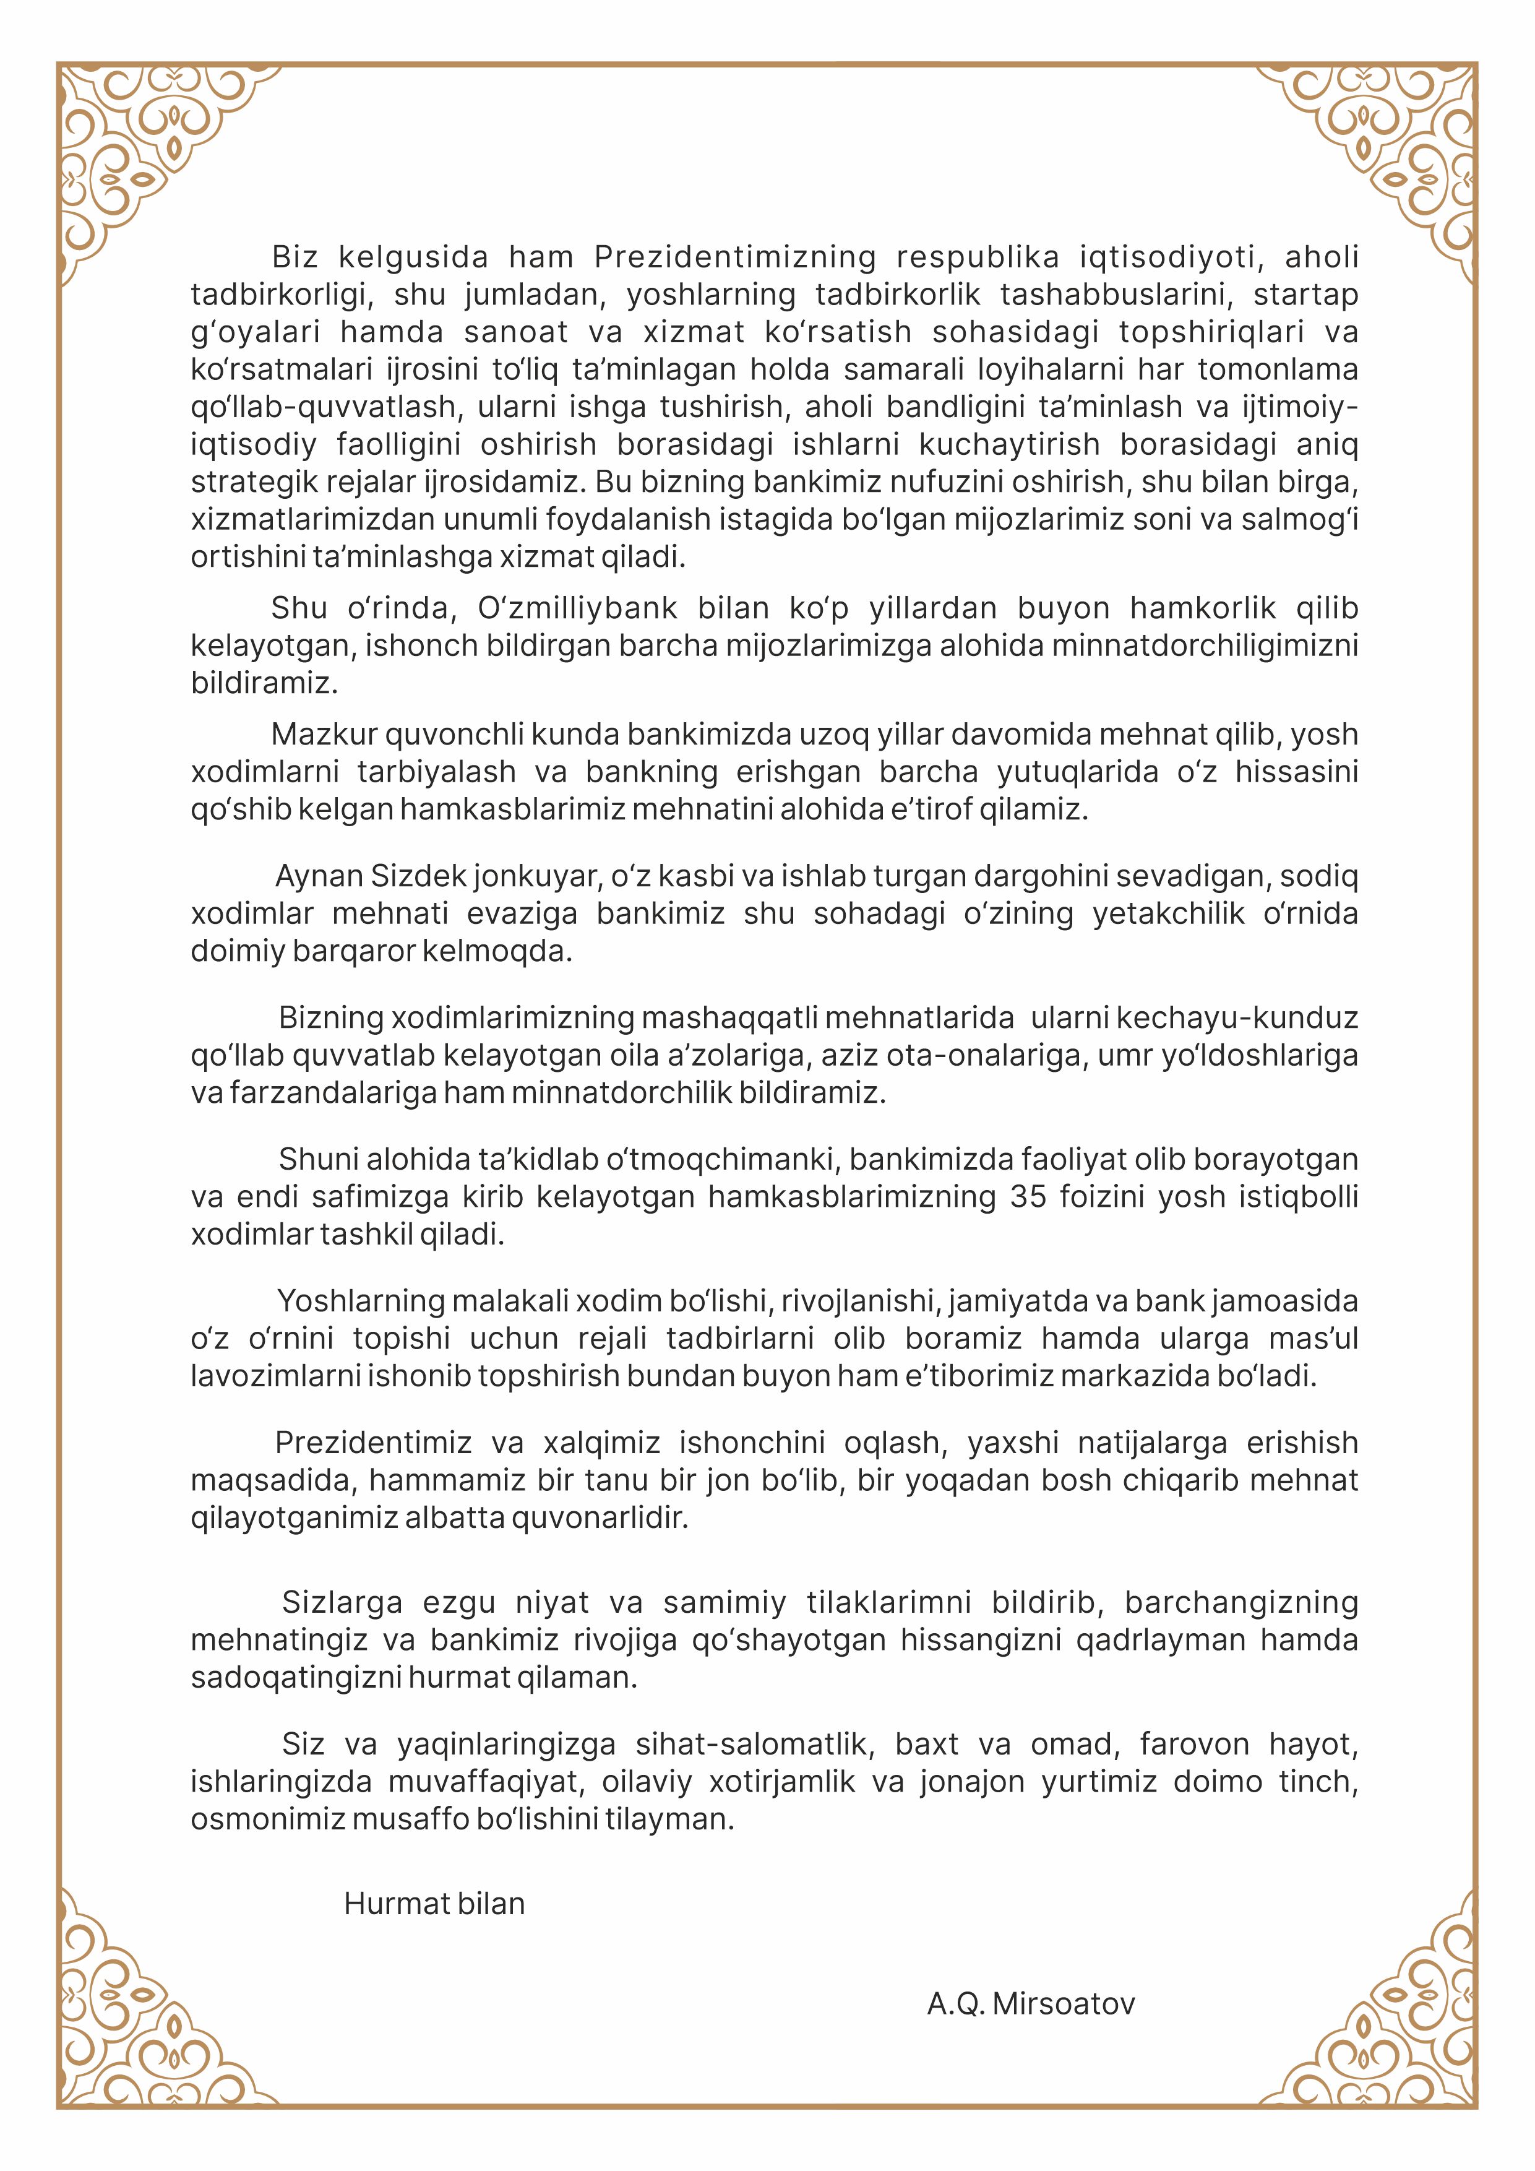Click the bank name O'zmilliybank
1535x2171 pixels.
(577, 607)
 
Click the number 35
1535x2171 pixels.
(1028, 1196)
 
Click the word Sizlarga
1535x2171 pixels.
(342, 1602)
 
